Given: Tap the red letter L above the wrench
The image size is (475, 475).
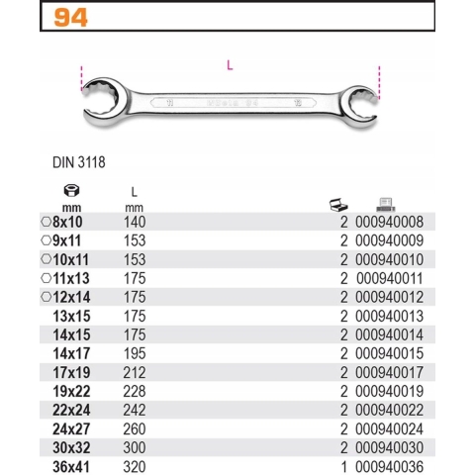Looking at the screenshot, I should [x=230, y=66].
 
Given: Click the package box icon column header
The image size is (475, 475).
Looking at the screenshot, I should [x=338, y=204].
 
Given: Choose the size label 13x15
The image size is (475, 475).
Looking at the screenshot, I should [x=71, y=315].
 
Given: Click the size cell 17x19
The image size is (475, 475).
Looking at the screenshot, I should [x=71, y=370].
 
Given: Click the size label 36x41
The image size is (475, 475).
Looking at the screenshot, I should [x=71, y=463].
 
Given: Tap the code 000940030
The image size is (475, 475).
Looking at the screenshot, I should [x=392, y=444].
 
